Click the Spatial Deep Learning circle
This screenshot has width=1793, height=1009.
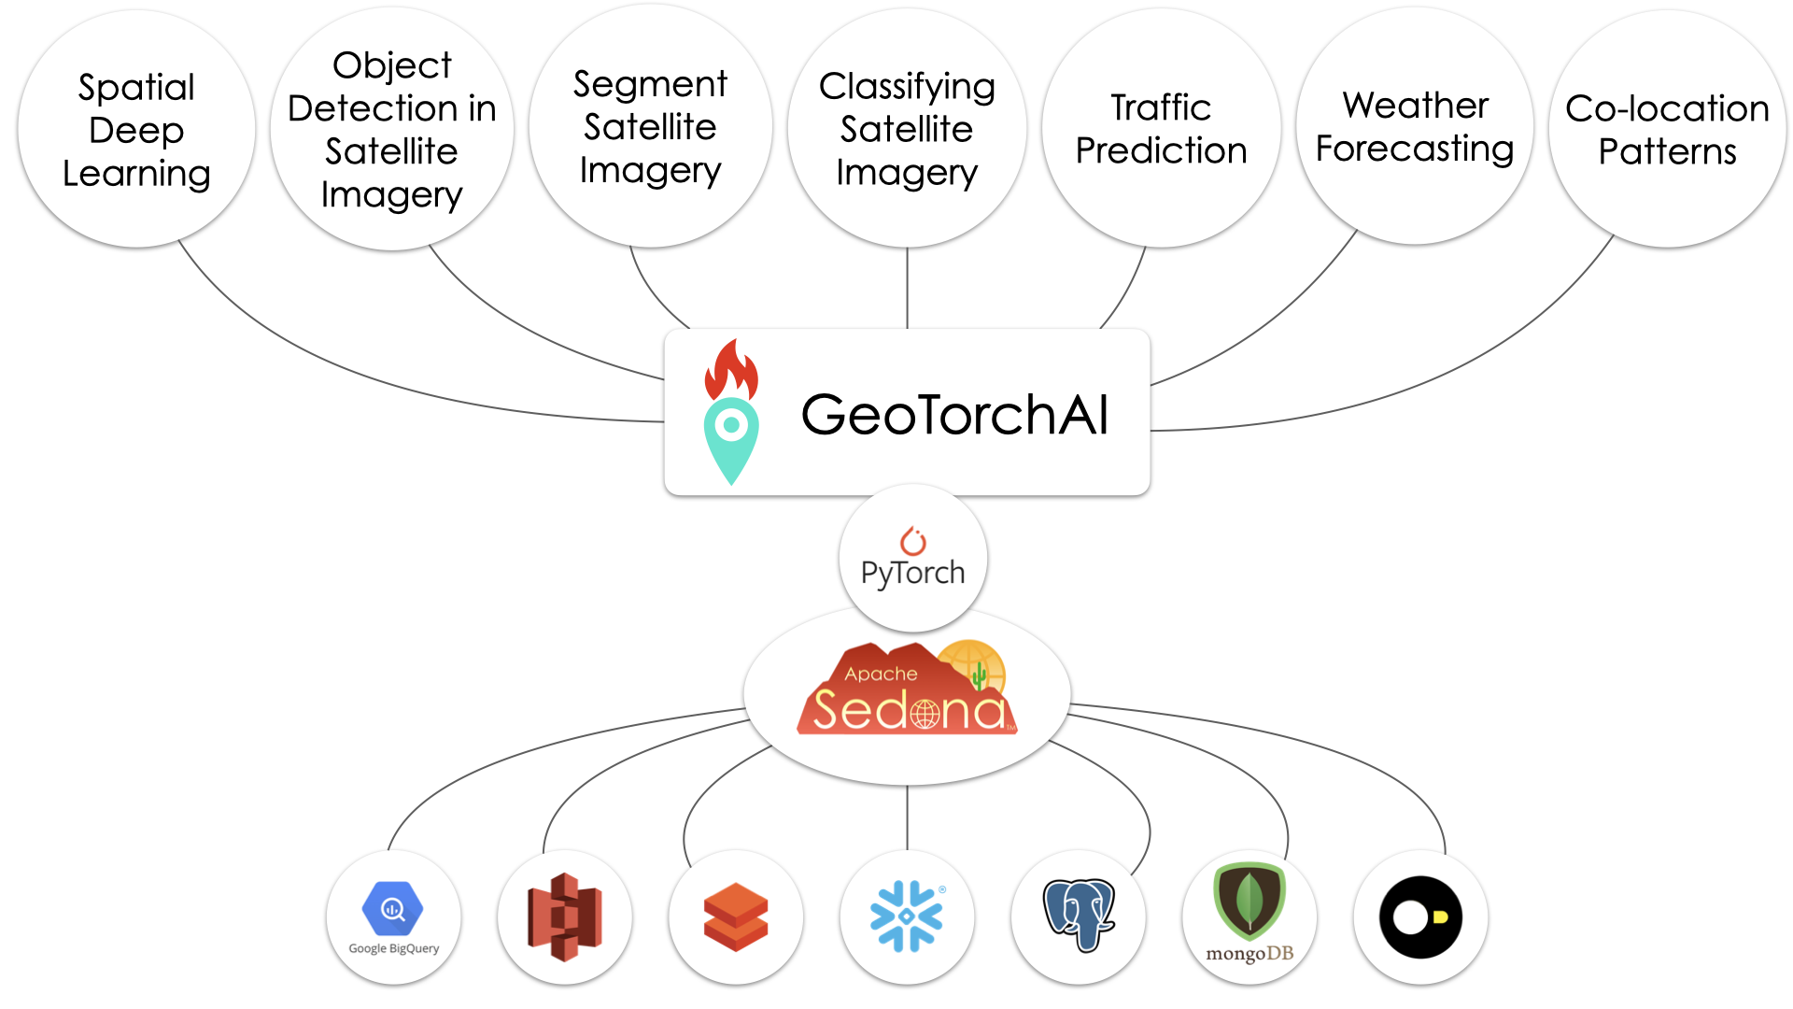point(136,129)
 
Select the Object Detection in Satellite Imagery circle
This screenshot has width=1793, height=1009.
point(392,129)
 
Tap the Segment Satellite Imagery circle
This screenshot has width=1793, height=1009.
point(650,127)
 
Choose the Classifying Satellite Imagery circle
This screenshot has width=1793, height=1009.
point(907,129)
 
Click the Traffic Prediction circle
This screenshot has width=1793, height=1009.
point(1161,129)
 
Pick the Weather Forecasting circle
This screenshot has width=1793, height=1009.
point(1415,127)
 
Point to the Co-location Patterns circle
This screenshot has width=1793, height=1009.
point(1667,129)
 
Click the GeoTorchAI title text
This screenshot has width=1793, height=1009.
point(954,415)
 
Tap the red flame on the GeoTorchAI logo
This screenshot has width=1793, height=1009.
point(731,369)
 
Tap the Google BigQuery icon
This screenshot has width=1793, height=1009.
point(393,917)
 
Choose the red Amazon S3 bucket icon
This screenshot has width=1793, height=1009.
point(564,917)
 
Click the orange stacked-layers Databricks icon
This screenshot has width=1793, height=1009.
point(736,917)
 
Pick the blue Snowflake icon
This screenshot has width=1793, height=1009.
point(907,917)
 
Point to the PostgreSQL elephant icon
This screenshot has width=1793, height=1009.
point(1079,915)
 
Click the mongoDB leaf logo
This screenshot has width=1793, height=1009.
point(1249,902)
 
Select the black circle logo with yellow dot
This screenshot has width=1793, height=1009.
point(1420,917)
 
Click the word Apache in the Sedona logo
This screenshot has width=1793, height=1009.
point(881,674)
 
